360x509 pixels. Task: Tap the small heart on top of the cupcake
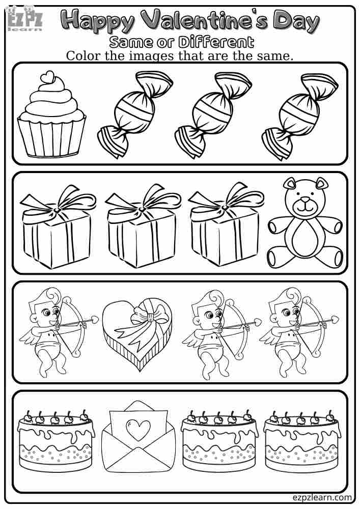click(48, 77)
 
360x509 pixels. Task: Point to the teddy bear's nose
click(305, 203)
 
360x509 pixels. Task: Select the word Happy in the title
click(99, 21)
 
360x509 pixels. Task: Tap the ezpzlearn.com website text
click(322, 497)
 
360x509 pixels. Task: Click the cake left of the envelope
click(56, 440)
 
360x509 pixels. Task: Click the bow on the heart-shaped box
click(150, 317)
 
